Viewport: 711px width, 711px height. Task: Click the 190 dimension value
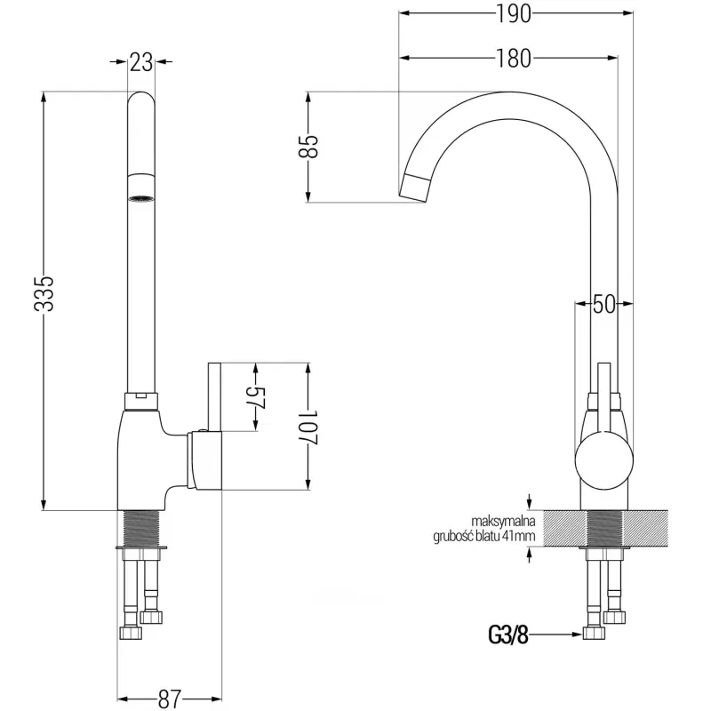(514, 14)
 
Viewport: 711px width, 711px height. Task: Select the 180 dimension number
(514, 59)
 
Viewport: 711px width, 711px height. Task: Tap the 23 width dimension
(141, 62)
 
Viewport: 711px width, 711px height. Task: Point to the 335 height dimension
(44, 293)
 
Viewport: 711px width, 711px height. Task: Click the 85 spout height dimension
(308, 147)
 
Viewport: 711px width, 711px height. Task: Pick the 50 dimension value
(604, 304)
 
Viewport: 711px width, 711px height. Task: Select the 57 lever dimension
(256, 397)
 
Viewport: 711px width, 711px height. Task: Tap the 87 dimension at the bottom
(170, 699)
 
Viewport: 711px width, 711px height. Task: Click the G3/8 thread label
(508, 635)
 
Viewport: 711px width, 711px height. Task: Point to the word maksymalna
(503, 521)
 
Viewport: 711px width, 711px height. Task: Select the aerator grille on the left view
(141, 198)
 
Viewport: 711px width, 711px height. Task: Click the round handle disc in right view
(604, 460)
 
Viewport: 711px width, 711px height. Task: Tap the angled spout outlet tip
(413, 188)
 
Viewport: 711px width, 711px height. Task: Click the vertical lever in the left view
(214, 396)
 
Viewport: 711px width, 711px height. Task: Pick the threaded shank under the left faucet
(141, 529)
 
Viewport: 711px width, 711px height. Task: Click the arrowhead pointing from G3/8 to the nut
(577, 635)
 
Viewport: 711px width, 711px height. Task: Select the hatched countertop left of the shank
(564, 528)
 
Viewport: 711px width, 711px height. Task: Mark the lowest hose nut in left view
(131, 633)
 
